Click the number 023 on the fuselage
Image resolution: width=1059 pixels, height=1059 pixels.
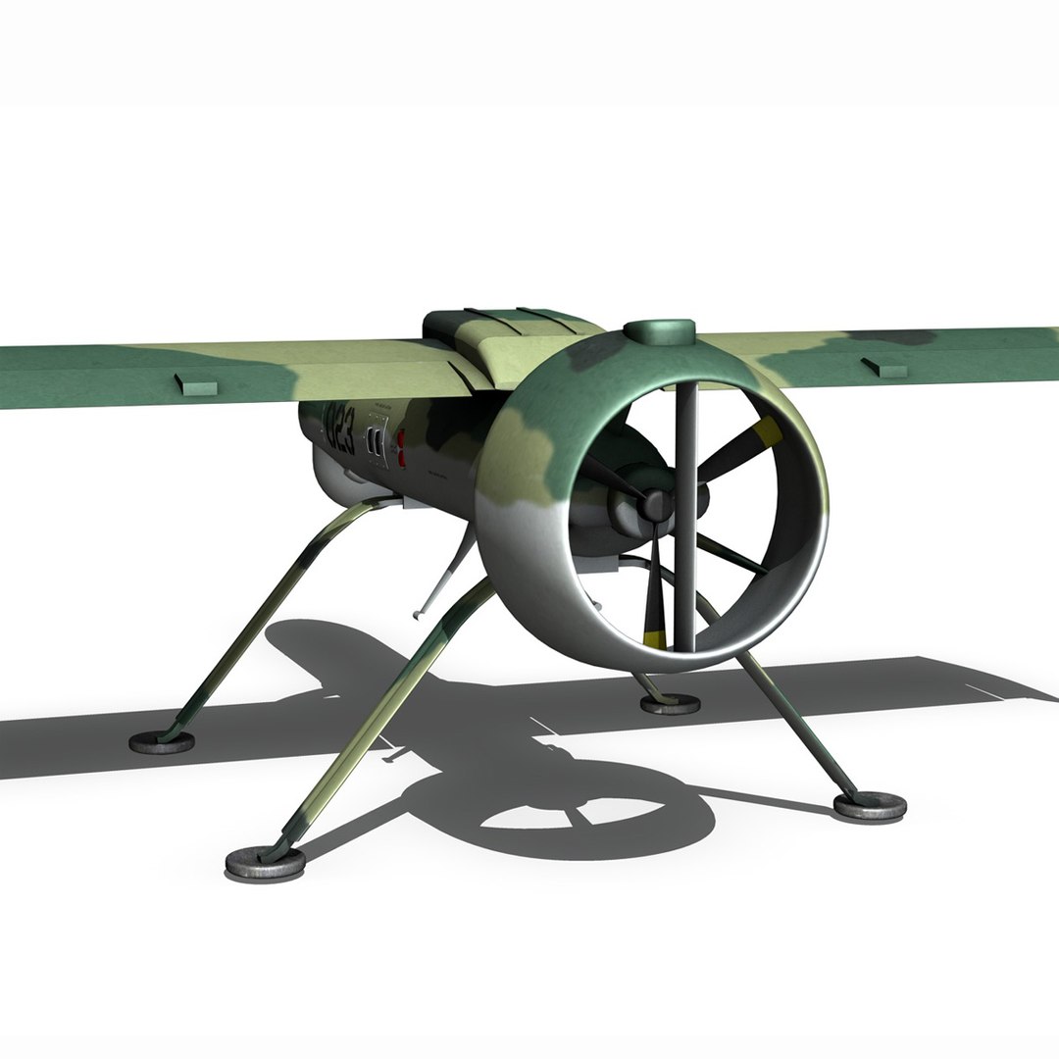pos(338,431)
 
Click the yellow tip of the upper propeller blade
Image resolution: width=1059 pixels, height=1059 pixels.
pos(766,432)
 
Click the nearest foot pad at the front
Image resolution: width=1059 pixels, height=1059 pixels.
pos(265,862)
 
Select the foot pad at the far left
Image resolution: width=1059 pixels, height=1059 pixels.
pos(162,741)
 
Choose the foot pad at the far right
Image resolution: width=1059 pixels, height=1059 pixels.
pos(869,806)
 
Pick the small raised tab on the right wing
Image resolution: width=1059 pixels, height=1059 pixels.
pos(883,368)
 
